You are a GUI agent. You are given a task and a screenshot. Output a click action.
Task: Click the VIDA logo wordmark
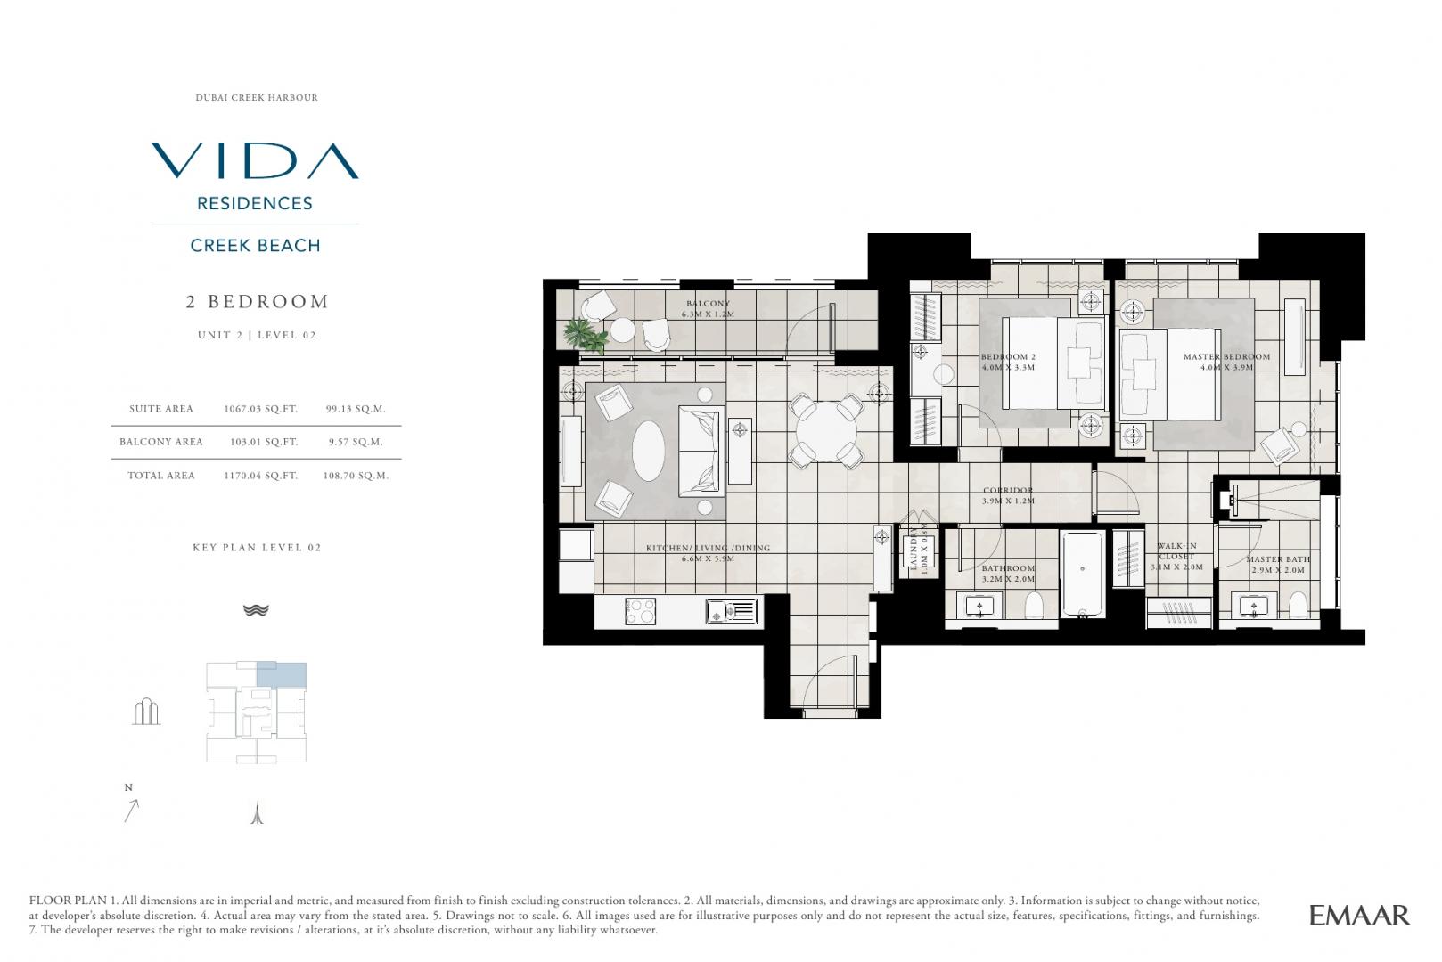(x=255, y=160)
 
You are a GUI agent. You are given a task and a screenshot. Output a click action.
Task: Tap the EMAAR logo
(x=1359, y=915)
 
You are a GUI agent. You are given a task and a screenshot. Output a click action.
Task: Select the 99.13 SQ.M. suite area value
(x=356, y=409)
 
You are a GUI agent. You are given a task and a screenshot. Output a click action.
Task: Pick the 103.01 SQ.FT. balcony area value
(x=264, y=442)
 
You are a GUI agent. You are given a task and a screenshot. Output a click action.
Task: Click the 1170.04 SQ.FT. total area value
(x=261, y=476)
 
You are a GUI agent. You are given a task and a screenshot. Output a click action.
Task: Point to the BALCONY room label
(x=708, y=303)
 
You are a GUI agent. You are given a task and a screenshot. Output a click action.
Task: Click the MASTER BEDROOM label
(x=1226, y=356)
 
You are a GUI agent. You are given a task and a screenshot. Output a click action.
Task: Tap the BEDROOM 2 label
(x=1008, y=356)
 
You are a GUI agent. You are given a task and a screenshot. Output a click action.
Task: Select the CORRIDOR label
(x=1008, y=490)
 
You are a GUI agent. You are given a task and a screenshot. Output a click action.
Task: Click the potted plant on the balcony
(x=585, y=335)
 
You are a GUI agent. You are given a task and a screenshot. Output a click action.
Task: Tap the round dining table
(x=826, y=431)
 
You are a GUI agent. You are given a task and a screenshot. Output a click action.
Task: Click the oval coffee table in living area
(x=648, y=451)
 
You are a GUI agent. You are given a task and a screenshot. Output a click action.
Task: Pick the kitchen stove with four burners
(x=641, y=611)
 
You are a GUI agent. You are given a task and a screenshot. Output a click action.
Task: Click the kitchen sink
(x=732, y=611)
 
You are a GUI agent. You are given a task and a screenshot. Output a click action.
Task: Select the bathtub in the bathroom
(x=1082, y=574)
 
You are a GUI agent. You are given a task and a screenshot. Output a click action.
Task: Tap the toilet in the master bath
(x=1298, y=605)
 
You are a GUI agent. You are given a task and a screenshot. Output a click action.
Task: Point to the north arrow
(x=131, y=811)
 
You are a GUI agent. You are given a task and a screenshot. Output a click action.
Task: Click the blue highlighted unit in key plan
(x=282, y=675)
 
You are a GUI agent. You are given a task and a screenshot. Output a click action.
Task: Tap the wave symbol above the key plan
(x=256, y=610)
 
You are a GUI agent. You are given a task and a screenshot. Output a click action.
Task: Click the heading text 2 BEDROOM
(x=257, y=302)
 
